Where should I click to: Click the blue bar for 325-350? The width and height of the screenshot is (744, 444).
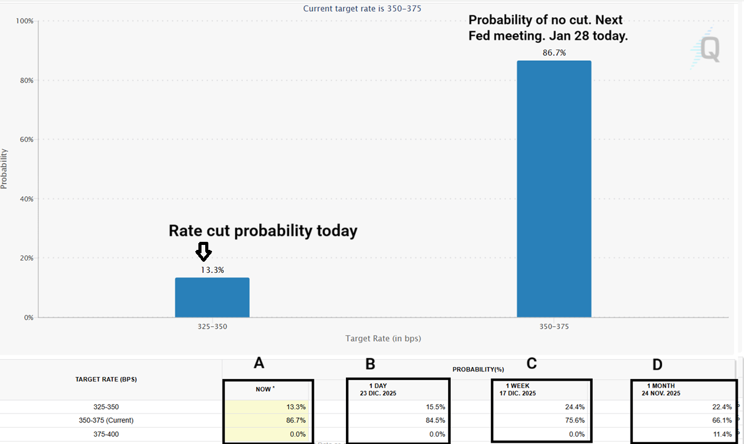212,298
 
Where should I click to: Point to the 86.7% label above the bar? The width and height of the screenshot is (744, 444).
554,53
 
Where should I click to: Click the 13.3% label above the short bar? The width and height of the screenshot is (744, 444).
212,270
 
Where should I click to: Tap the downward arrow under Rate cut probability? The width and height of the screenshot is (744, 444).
203,251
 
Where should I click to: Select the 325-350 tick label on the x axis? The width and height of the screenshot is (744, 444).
212,326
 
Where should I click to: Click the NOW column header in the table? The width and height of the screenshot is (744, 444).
265,389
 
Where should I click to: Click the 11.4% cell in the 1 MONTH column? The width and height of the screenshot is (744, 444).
719,434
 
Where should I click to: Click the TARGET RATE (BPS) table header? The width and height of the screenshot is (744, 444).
106,380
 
